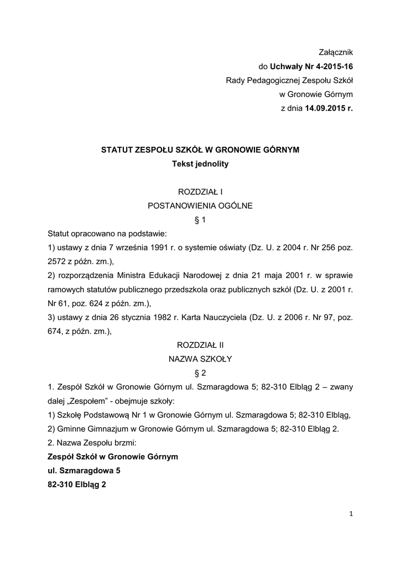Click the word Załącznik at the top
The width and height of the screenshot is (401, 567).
(335, 53)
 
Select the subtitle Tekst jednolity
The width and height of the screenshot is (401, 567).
(200, 164)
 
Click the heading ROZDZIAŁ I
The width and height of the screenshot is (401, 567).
(200, 192)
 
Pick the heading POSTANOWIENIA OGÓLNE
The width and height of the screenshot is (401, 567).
(200, 205)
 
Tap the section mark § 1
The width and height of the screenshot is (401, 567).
(200, 220)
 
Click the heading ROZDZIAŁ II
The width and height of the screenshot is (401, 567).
(200, 344)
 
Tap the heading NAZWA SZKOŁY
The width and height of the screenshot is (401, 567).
(200, 359)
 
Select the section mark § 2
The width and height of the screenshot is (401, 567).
(200, 373)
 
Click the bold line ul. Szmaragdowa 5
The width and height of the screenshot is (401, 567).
(84, 470)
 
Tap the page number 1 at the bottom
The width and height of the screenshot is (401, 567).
(351, 513)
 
